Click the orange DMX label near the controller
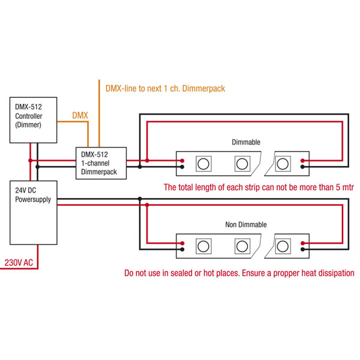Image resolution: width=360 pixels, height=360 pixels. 80,114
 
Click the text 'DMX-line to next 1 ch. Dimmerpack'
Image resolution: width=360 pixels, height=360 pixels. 164,88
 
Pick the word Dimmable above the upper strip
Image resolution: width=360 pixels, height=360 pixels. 246,143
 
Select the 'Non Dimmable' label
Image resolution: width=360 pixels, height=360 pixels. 246,225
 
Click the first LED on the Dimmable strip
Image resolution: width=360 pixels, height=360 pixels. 204,163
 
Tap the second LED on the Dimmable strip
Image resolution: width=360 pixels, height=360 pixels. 242,163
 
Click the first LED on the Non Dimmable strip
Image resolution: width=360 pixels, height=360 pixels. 204,245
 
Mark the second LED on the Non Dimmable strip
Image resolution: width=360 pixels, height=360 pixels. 242,245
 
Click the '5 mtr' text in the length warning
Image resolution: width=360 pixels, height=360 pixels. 344,187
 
